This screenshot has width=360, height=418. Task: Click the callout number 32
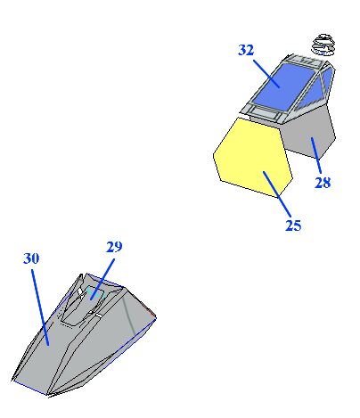point(246,50)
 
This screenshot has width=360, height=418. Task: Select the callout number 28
point(323,183)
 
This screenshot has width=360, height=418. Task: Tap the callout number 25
point(293,225)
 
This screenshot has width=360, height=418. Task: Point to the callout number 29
point(114,247)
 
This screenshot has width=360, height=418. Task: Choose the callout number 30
point(31,258)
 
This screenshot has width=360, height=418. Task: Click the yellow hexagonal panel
point(253,157)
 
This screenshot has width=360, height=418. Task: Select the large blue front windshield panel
point(282,86)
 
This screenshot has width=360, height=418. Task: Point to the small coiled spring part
point(323,45)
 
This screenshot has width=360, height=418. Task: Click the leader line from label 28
point(316,155)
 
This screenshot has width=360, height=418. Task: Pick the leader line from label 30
point(40,307)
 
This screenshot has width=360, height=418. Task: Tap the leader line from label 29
point(102,279)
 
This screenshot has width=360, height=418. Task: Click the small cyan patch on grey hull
point(95,292)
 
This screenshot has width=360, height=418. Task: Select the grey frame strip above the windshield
point(306,61)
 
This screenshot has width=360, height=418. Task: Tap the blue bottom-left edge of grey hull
point(30,388)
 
